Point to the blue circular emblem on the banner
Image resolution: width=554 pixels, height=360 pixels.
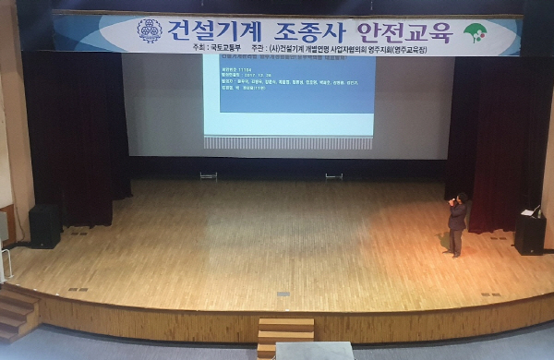pos(150,31)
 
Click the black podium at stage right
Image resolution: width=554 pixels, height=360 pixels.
pos(530,234)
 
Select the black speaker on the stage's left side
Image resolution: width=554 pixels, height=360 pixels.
pos(44,225)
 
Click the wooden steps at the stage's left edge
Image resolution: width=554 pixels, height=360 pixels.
pos(17,312)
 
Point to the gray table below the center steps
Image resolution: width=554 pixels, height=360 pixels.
pos(314,351)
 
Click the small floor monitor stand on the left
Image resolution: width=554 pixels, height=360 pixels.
pos(209,174)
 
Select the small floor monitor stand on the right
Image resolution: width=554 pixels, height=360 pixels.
pos(333,174)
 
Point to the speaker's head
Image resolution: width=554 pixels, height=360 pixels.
pos(461,198)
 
